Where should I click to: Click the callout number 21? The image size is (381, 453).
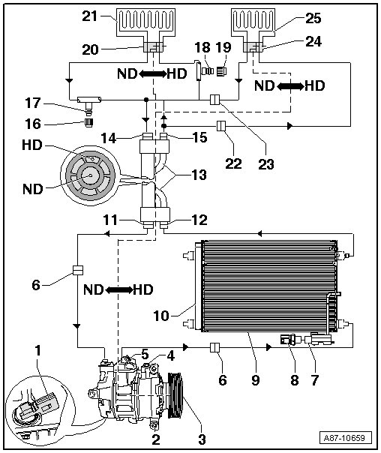(90, 16)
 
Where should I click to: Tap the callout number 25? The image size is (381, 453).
(313, 19)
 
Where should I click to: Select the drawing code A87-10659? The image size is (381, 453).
(344, 438)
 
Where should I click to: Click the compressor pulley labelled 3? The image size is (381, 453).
(175, 394)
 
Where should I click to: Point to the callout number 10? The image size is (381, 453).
(161, 316)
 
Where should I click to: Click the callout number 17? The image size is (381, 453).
(33, 103)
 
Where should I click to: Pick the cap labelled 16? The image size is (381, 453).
(89, 123)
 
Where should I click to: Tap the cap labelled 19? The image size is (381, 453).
(222, 70)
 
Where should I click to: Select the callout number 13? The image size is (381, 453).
(199, 175)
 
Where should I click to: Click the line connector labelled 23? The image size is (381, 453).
(214, 100)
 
